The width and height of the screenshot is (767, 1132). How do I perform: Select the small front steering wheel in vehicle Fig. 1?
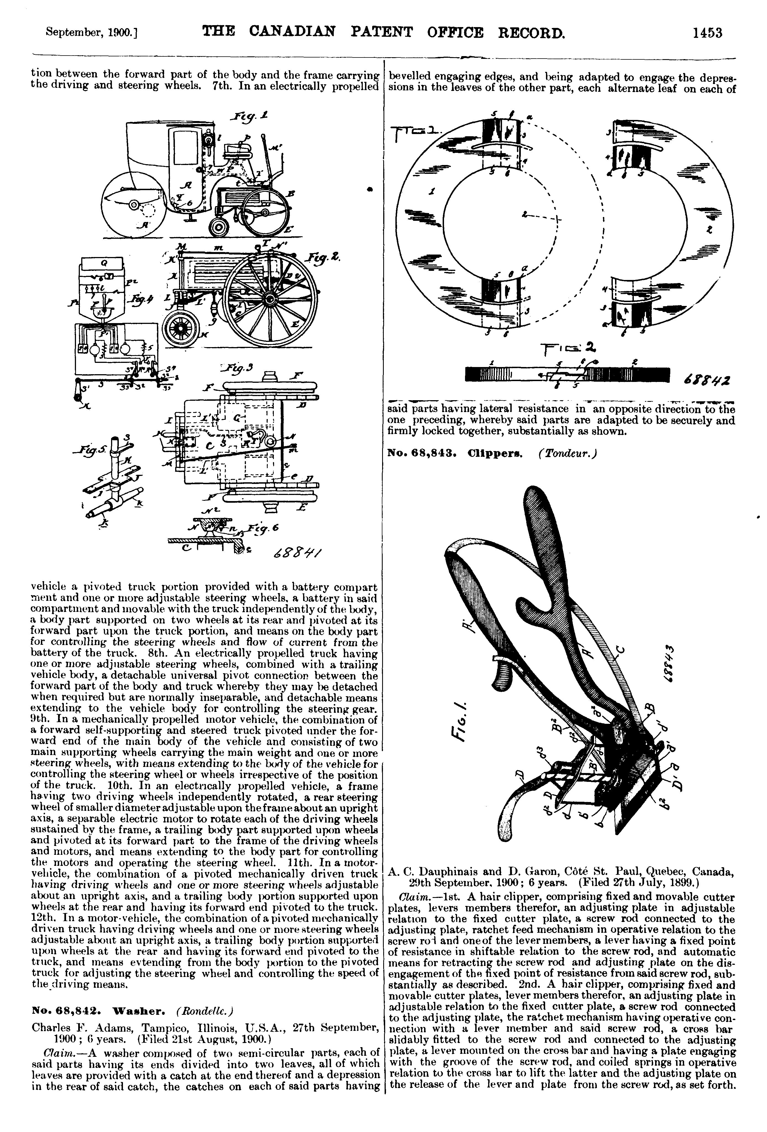[x=220, y=227]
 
